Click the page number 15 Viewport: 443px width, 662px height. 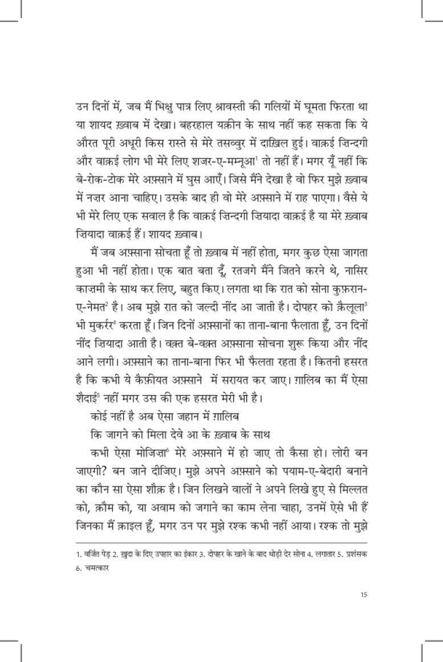(363, 595)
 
